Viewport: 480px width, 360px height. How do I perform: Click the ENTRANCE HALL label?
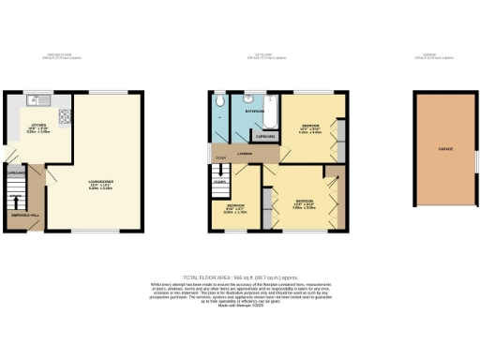pos(24,216)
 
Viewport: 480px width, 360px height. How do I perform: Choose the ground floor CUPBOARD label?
pos(16,173)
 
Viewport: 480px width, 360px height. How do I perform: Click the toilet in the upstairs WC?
pos(217,100)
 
